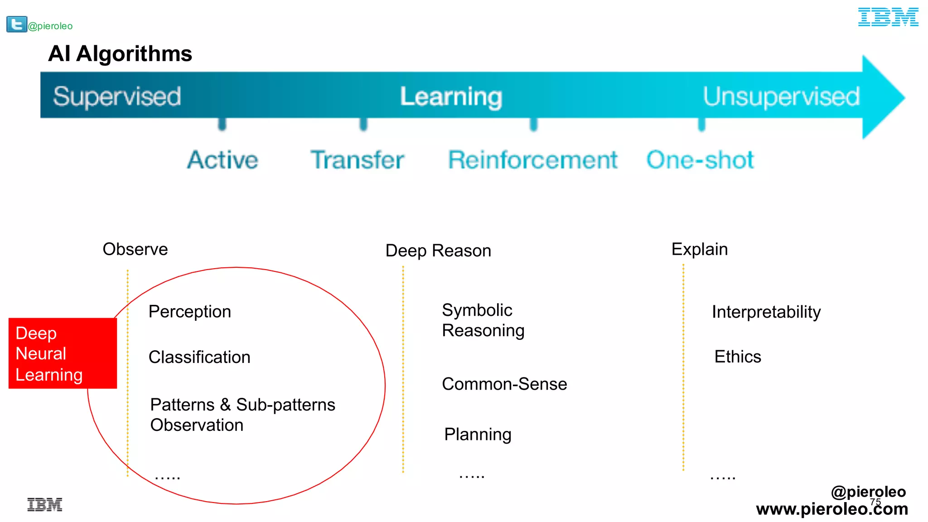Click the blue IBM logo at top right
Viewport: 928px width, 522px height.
[x=888, y=17]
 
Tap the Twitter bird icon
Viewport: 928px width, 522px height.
[x=17, y=24]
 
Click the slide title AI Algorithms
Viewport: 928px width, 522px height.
[x=120, y=53]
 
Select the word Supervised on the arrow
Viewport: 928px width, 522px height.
[x=117, y=96]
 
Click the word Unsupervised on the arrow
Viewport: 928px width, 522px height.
[x=781, y=96]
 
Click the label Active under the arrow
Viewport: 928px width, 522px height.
[x=222, y=160]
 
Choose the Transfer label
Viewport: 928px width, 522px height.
[x=357, y=160]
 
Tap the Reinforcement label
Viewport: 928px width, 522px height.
[x=532, y=160]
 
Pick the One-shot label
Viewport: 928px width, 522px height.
[x=700, y=160]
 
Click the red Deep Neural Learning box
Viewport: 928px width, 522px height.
[x=63, y=353]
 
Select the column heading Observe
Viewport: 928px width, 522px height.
[x=135, y=249]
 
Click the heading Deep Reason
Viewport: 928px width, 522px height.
[x=438, y=251]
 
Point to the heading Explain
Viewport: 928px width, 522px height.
[x=699, y=249]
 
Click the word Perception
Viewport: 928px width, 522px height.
[x=189, y=312]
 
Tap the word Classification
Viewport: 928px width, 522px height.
[x=199, y=357]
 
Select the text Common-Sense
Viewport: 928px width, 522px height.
[x=504, y=384]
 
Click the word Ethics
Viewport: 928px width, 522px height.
[x=737, y=357]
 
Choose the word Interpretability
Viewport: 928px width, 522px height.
[x=766, y=312]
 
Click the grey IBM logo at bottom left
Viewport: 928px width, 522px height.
[x=44, y=504]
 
